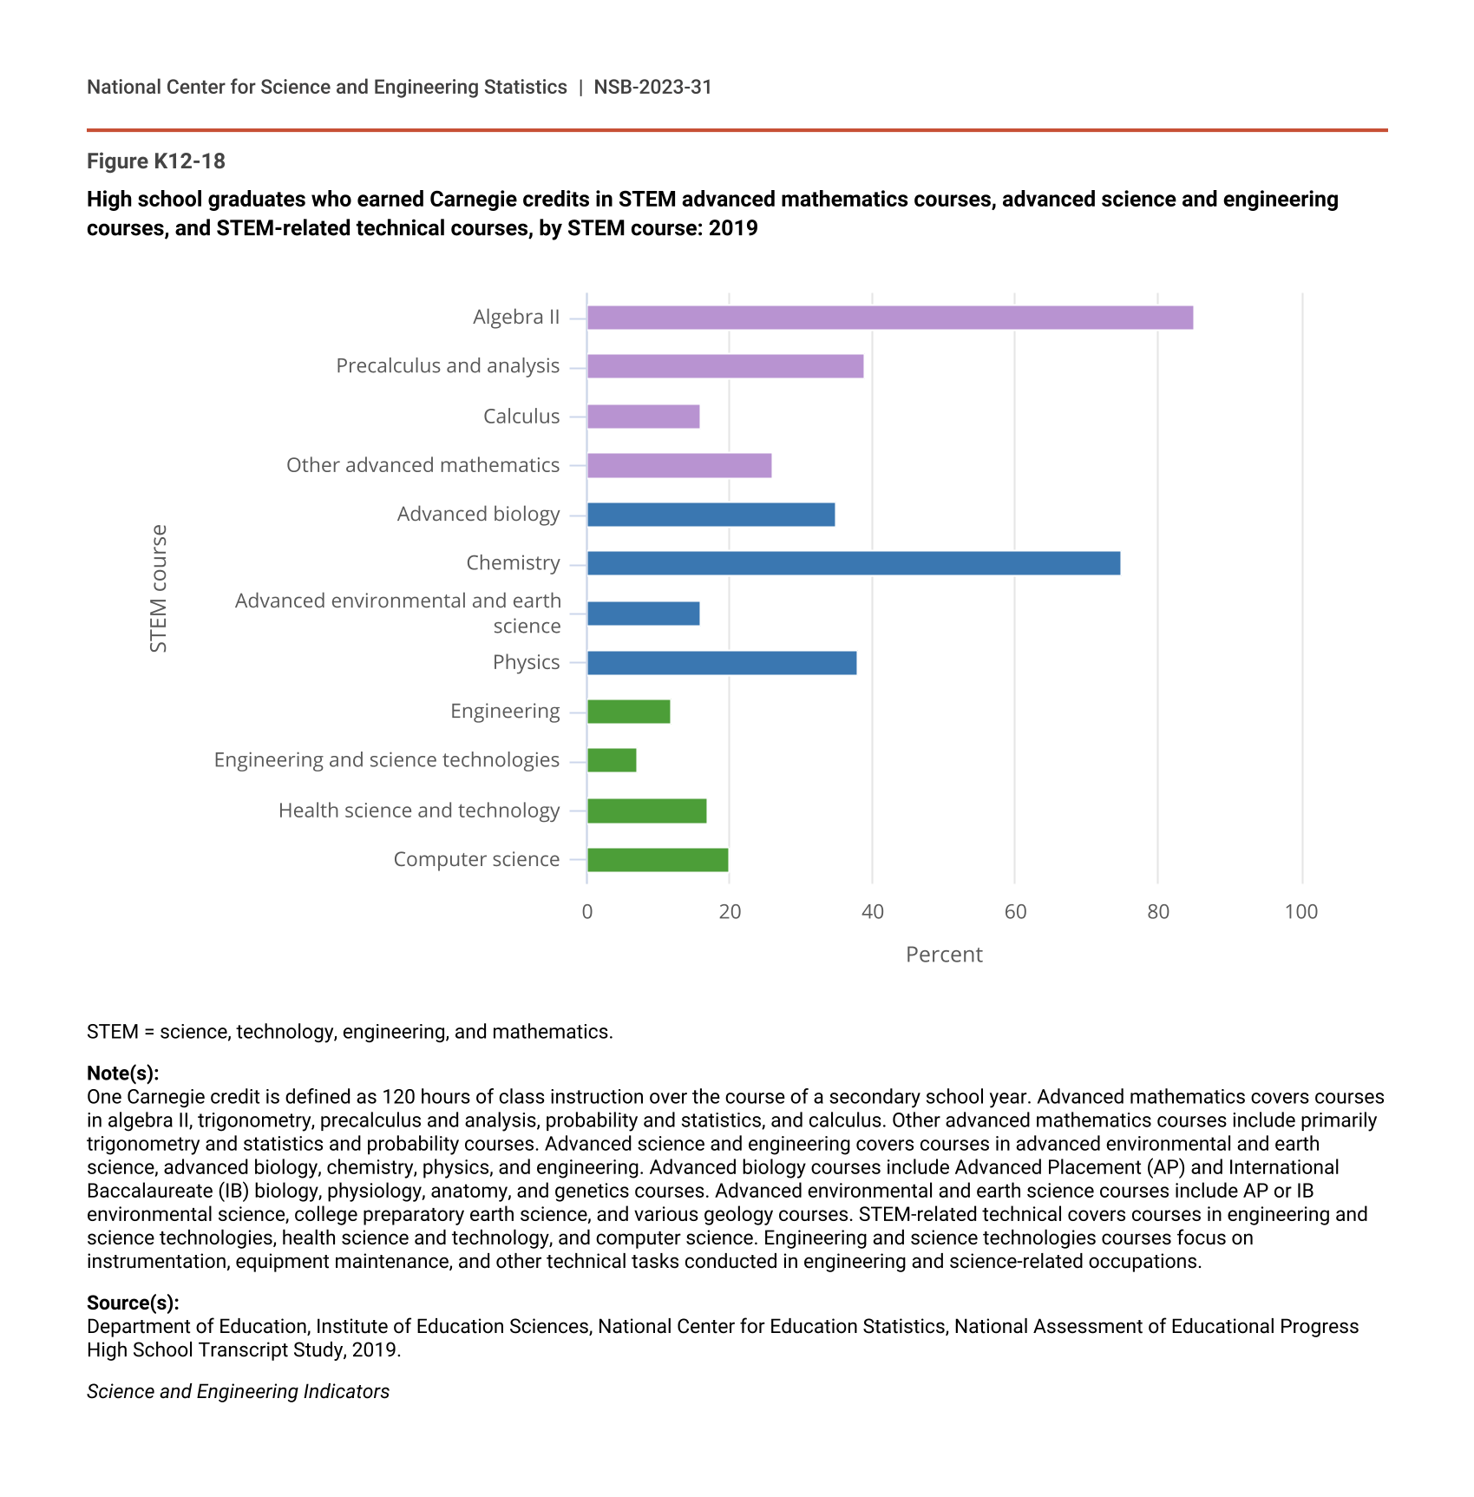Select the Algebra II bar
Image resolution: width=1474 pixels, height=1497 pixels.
[889, 318]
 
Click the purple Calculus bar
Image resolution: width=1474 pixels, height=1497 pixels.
[643, 417]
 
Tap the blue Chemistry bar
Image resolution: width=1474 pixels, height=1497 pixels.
[853, 563]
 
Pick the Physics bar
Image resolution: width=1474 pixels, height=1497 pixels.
[721, 663]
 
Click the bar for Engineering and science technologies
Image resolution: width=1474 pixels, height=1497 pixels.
[612, 760]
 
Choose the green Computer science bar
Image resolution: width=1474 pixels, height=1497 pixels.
[658, 860]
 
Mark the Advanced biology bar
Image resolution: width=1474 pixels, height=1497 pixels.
[711, 515]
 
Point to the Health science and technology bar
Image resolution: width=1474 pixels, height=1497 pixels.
[646, 811]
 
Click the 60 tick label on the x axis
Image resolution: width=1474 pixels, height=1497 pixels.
[1015, 911]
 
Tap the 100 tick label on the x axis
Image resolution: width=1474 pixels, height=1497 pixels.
[1300, 911]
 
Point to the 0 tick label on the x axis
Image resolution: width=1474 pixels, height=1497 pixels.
[587, 911]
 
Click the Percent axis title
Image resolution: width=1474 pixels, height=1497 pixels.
[944, 955]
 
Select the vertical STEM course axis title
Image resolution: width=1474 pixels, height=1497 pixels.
[158, 588]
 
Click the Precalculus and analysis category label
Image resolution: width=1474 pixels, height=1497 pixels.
[448, 366]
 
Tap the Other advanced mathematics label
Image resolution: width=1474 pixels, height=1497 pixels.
[423, 465]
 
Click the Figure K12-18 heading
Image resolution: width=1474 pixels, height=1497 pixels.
[156, 161]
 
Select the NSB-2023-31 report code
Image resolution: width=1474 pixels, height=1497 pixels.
[652, 87]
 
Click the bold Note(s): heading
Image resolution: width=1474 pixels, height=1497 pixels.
[122, 1073]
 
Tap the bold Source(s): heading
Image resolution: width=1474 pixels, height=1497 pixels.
[133, 1303]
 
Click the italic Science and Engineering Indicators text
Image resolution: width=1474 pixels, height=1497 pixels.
[238, 1391]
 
